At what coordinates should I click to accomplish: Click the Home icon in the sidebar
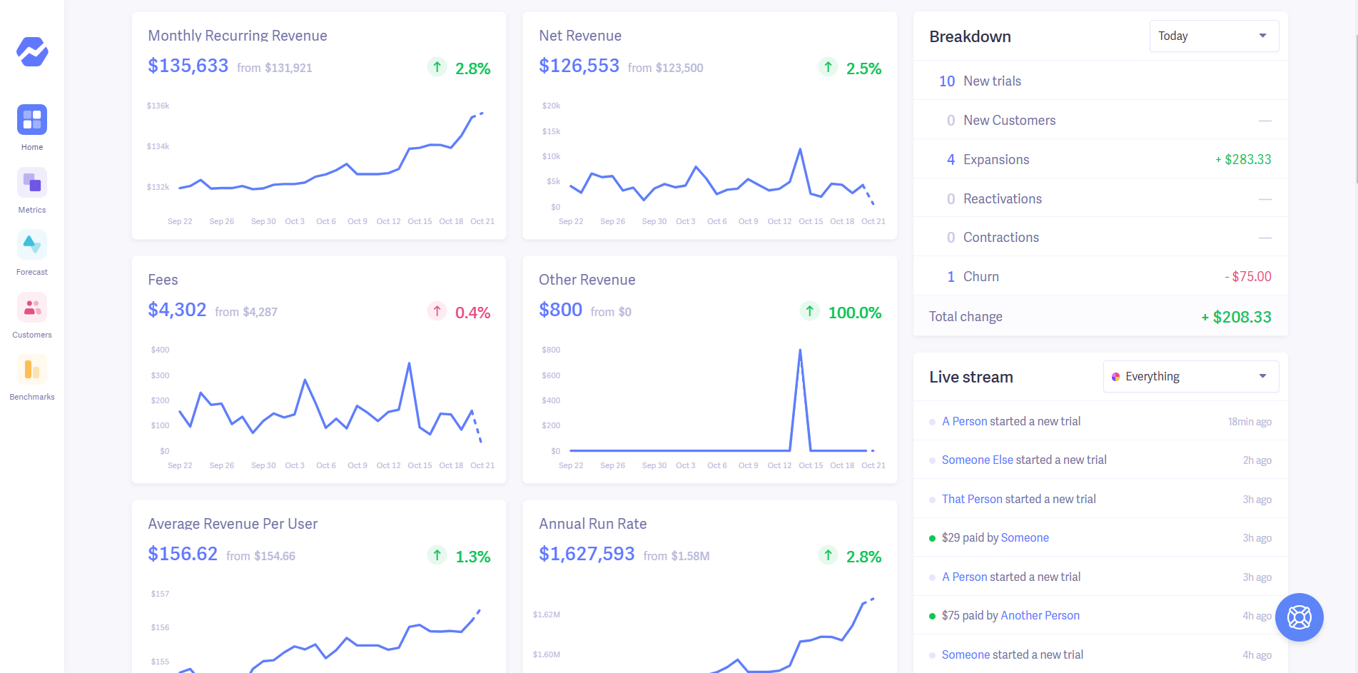tap(32, 120)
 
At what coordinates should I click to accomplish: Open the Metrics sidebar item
tap(32, 183)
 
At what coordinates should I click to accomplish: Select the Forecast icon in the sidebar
tap(32, 245)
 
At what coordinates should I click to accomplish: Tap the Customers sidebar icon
tap(32, 308)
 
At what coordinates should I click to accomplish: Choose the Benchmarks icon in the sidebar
tap(32, 370)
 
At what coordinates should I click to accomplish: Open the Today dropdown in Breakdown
tap(1213, 36)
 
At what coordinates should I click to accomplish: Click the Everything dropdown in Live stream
tap(1190, 377)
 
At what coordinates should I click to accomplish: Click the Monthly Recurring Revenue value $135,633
tap(188, 66)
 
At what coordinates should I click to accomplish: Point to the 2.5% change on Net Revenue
tap(863, 69)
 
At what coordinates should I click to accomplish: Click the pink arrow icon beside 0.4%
tap(437, 311)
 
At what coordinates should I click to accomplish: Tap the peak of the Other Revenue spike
tap(800, 350)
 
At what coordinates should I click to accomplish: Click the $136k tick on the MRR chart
tap(158, 106)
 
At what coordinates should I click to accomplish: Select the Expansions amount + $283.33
tap(1243, 160)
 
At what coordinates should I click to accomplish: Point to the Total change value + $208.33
tap(1236, 317)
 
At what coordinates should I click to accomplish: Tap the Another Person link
tap(1040, 616)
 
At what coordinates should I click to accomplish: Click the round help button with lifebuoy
tap(1299, 617)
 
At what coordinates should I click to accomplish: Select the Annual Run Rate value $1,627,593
tap(587, 554)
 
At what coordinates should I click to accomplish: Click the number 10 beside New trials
tap(946, 81)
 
